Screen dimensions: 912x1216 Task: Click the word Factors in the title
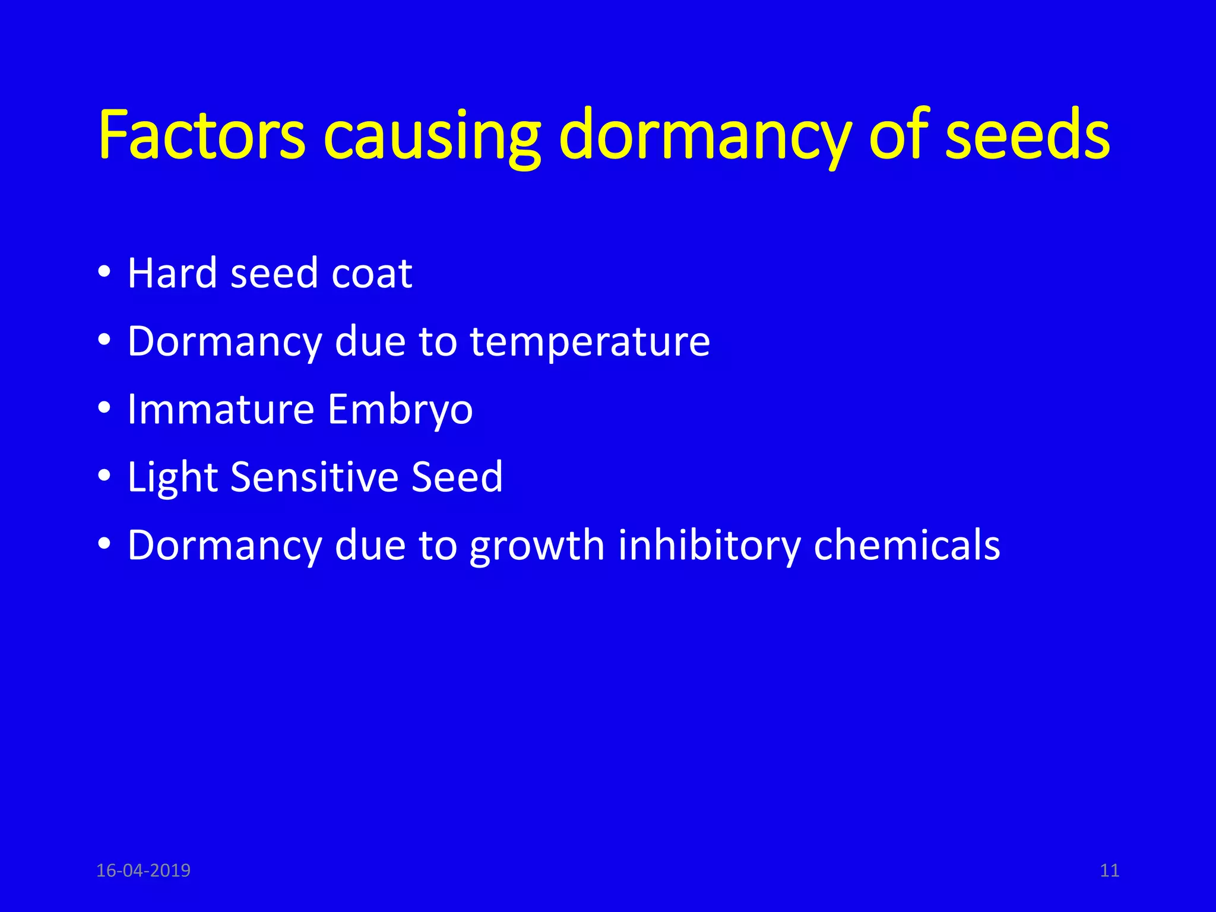201,135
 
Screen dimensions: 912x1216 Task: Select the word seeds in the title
1027,135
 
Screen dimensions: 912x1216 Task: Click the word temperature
590,343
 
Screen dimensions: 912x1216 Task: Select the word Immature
221,409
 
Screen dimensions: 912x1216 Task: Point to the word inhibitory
709,545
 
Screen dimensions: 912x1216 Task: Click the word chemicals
907,544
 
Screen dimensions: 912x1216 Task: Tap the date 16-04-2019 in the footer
143,870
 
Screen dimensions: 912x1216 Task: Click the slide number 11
1109,870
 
